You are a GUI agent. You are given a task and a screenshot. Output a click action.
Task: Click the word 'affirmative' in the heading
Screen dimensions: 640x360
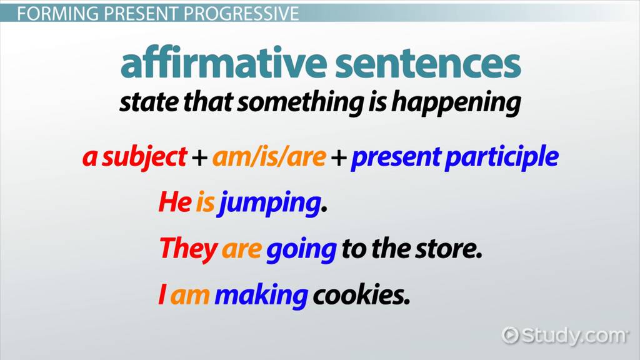(224, 62)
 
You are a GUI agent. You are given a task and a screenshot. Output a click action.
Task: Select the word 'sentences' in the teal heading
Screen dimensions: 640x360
(428, 64)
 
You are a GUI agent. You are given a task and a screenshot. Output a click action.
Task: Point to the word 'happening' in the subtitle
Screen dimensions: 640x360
(456, 102)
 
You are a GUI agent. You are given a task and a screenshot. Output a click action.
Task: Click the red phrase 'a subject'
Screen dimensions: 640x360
(135, 157)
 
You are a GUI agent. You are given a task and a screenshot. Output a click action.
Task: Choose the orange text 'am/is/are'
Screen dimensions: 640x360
(269, 157)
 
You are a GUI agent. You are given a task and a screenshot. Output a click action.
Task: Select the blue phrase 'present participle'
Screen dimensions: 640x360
(454, 157)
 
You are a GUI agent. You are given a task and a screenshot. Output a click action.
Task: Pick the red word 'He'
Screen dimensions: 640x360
(175, 202)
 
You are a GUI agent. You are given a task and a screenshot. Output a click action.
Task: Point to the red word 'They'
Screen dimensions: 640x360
(188, 249)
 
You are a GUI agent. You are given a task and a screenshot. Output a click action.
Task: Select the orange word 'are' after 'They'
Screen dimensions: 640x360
(241, 250)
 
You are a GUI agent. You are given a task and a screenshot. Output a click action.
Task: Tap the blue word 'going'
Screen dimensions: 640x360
(301, 251)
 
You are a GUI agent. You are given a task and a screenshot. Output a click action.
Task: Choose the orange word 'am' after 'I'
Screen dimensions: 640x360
(190, 296)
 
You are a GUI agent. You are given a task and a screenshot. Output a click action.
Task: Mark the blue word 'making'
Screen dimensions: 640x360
(261, 296)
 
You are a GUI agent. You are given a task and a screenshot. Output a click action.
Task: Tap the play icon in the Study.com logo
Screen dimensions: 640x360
(510, 336)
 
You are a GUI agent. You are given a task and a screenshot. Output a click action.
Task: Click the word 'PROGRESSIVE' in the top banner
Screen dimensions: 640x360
(241, 14)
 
